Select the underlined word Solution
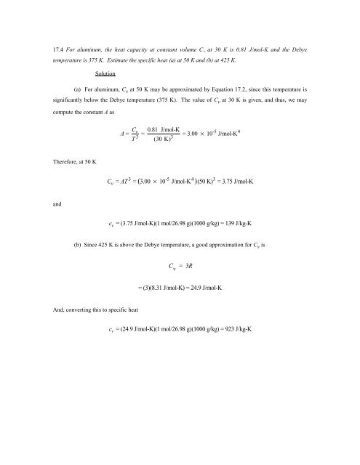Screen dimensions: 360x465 pyautogui.click(x=108, y=74)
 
